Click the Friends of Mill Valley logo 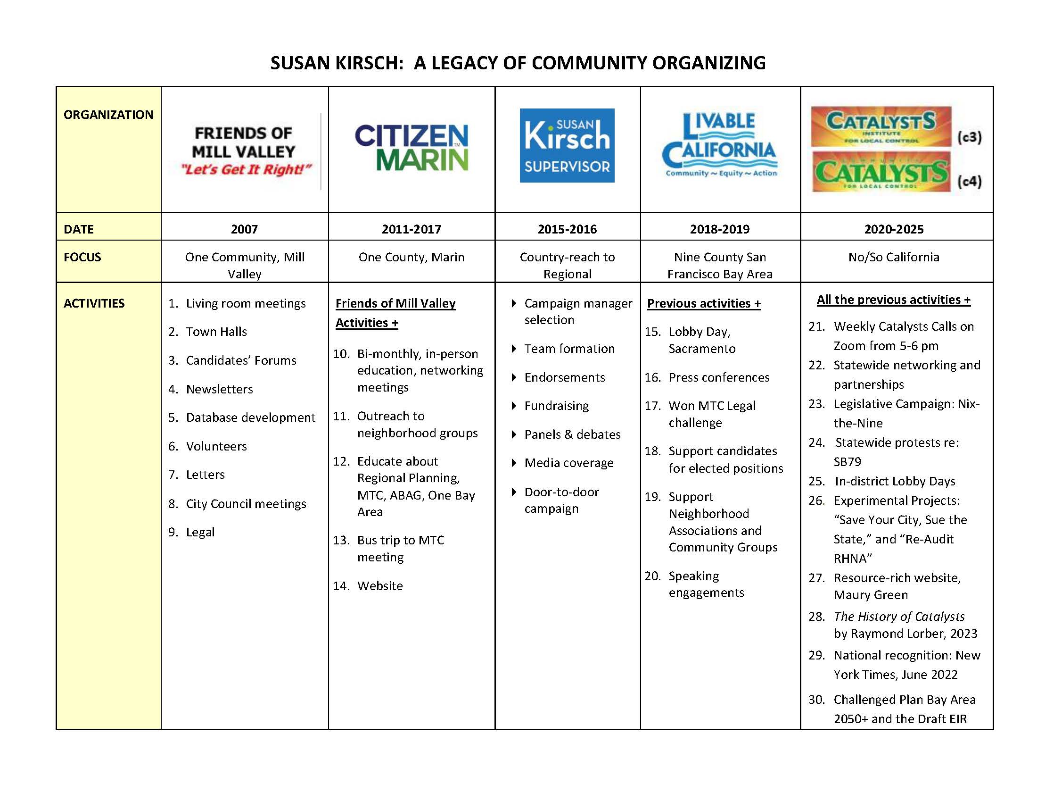point(244,150)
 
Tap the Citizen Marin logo point(411,147)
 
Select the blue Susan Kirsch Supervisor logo point(567,145)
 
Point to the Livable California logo point(720,145)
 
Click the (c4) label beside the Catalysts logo point(969,181)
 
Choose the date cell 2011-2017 point(411,229)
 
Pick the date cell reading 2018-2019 point(719,229)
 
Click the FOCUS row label point(82,257)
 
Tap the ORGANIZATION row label point(108,115)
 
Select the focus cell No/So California point(894,257)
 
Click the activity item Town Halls point(216,332)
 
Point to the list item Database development point(250,417)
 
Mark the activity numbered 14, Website point(380,586)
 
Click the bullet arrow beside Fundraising point(514,406)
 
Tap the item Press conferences point(719,377)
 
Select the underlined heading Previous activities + point(704,303)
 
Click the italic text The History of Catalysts point(899,616)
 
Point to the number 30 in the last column point(816,699)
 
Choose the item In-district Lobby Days point(895,481)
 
